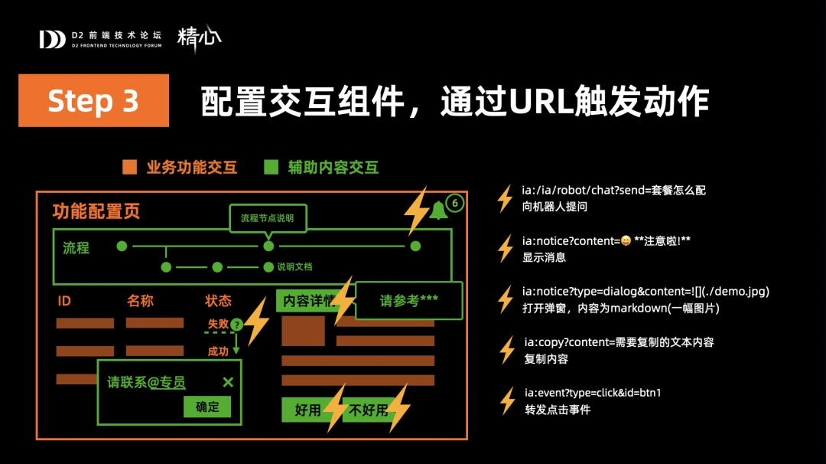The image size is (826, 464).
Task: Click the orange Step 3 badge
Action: point(93,100)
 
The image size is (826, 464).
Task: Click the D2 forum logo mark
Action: point(52,39)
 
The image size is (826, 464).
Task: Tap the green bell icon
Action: point(438,210)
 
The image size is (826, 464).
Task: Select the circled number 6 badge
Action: point(455,203)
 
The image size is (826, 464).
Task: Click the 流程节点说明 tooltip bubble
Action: point(267,218)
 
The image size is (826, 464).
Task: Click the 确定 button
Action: point(207,407)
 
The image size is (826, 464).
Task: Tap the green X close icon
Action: point(228,382)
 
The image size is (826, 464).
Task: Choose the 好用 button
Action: point(307,410)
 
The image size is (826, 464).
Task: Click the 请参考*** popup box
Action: point(409,301)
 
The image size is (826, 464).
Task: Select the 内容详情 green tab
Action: point(309,301)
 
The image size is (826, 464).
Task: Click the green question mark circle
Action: point(236,325)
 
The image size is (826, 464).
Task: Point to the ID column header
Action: point(64,301)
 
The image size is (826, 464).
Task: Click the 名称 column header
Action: point(140,301)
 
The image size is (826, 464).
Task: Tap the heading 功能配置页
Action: point(96,212)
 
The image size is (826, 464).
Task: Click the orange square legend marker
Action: point(129,167)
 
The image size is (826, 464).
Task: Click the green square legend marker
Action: point(271,167)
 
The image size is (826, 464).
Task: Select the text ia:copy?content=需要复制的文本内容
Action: point(618,342)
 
